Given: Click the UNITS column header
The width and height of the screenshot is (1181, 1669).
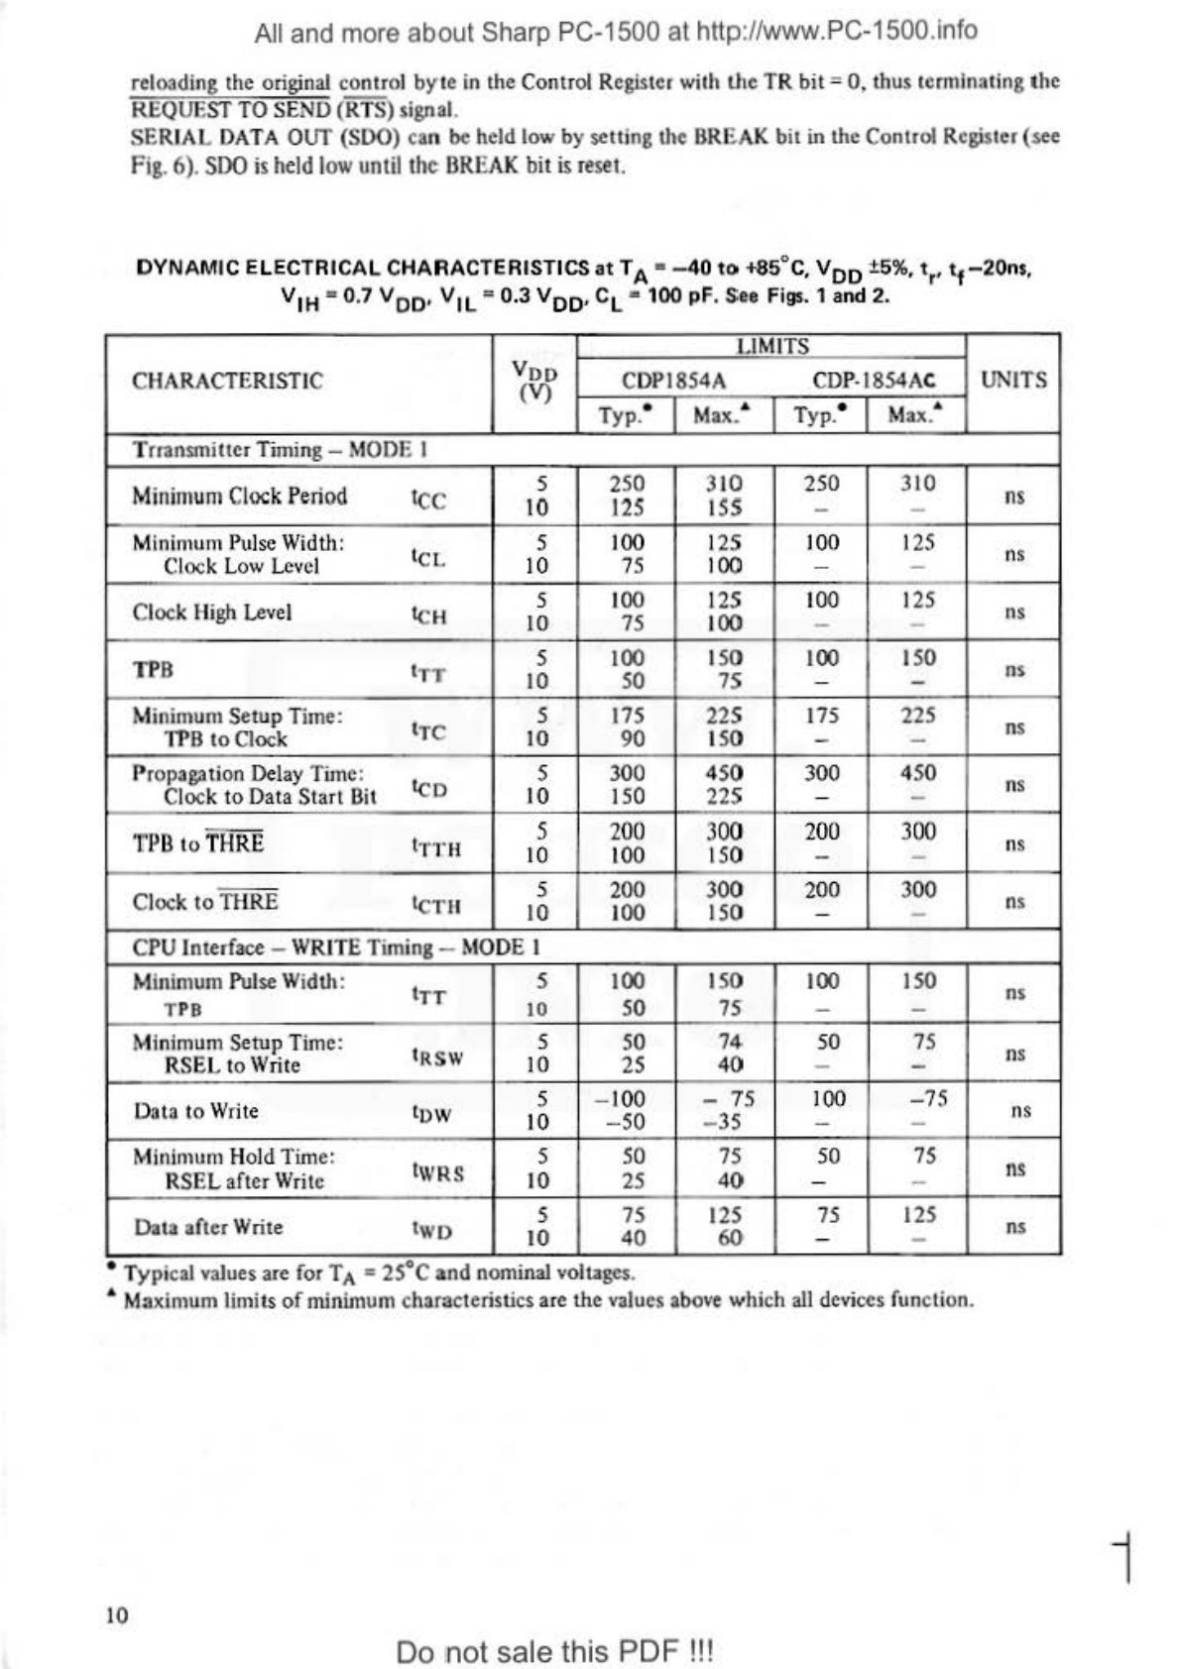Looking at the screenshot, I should (1013, 381).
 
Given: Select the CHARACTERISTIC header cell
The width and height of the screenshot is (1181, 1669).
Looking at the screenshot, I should (227, 382).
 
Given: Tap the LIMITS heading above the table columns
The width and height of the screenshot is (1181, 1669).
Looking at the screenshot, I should (772, 346).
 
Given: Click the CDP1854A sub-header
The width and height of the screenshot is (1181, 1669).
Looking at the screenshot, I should (673, 381).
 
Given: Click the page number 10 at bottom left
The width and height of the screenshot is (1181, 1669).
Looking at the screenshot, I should (117, 1615).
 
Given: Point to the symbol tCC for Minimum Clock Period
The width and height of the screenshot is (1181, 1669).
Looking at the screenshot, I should (428, 499).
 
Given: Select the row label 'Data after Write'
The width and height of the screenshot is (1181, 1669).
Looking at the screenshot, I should (208, 1227).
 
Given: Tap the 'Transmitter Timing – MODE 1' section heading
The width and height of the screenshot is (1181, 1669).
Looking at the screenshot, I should (281, 450).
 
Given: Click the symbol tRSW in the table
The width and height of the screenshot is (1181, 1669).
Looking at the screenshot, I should (436, 1057).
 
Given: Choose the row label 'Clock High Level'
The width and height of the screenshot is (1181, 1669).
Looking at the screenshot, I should (212, 612).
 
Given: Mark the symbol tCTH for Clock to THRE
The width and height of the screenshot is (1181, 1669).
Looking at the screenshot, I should (435, 905).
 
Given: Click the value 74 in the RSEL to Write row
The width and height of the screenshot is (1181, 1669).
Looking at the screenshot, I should (730, 1042).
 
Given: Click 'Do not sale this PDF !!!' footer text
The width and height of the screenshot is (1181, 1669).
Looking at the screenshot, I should (554, 1652).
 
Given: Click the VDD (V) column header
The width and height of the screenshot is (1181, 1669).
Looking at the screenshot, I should (534, 382).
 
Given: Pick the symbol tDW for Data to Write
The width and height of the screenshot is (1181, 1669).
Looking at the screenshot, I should (431, 1114).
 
